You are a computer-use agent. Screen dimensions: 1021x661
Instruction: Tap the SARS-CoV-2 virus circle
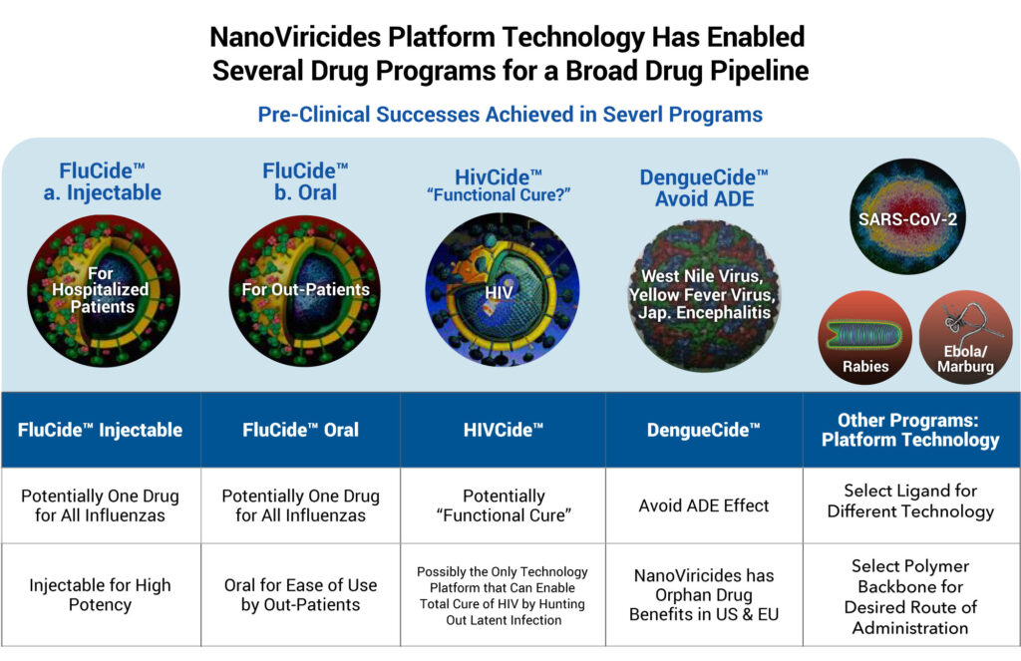pos(907,216)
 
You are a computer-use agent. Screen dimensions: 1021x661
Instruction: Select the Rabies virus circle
pos(864,337)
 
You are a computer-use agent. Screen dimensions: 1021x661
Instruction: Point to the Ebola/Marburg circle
pos(965,337)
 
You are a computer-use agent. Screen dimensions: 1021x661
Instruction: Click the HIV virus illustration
pos(502,289)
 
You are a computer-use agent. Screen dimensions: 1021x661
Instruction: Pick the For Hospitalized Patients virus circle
pos(104,291)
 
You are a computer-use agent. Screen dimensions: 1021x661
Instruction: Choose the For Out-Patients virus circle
pos(305,291)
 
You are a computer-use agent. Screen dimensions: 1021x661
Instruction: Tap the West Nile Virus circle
pos(704,296)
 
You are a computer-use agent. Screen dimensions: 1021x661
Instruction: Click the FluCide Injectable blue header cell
pos(101,430)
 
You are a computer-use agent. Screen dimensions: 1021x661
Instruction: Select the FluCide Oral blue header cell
pos(301,430)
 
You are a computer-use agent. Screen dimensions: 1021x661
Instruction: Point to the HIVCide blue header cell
pos(503,430)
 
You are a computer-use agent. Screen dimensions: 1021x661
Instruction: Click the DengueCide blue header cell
pos(704,430)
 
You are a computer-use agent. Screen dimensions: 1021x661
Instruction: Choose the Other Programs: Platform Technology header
pos(911,430)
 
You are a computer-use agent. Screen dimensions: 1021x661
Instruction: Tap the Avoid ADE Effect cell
pos(704,505)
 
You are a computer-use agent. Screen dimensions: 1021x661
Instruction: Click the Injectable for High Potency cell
pos(101,594)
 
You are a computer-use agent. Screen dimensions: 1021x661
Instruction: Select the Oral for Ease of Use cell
pos(301,594)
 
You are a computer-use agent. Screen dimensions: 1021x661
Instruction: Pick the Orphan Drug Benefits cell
pos(704,594)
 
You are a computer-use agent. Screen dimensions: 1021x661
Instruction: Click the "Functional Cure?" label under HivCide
pos(499,194)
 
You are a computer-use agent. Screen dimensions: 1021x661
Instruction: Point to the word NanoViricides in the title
pos(295,37)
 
